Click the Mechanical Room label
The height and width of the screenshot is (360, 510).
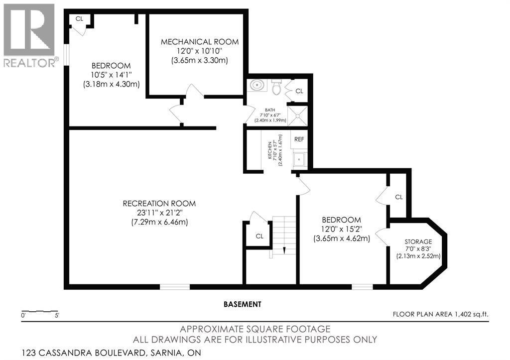pyautogui.click(x=199, y=42)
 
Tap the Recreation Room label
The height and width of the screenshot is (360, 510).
pyautogui.click(x=159, y=204)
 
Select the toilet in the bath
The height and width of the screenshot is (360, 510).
pyautogui.click(x=276, y=87)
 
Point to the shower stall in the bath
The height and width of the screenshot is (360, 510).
pyautogui.click(x=298, y=117)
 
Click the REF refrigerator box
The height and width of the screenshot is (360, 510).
pyautogui.click(x=299, y=139)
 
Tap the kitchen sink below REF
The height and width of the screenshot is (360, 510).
pyautogui.click(x=299, y=159)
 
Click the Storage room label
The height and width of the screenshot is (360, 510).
pyautogui.click(x=418, y=241)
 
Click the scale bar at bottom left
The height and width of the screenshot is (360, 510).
pyautogui.click(x=40, y=312)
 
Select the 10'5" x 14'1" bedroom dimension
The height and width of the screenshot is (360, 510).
pyautogui.click(x=111, y=75)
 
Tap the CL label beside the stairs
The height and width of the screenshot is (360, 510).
pyautogui.click(x=259, y=236)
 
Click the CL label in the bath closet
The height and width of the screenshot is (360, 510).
pyautogui.click(x=299, y=91)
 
